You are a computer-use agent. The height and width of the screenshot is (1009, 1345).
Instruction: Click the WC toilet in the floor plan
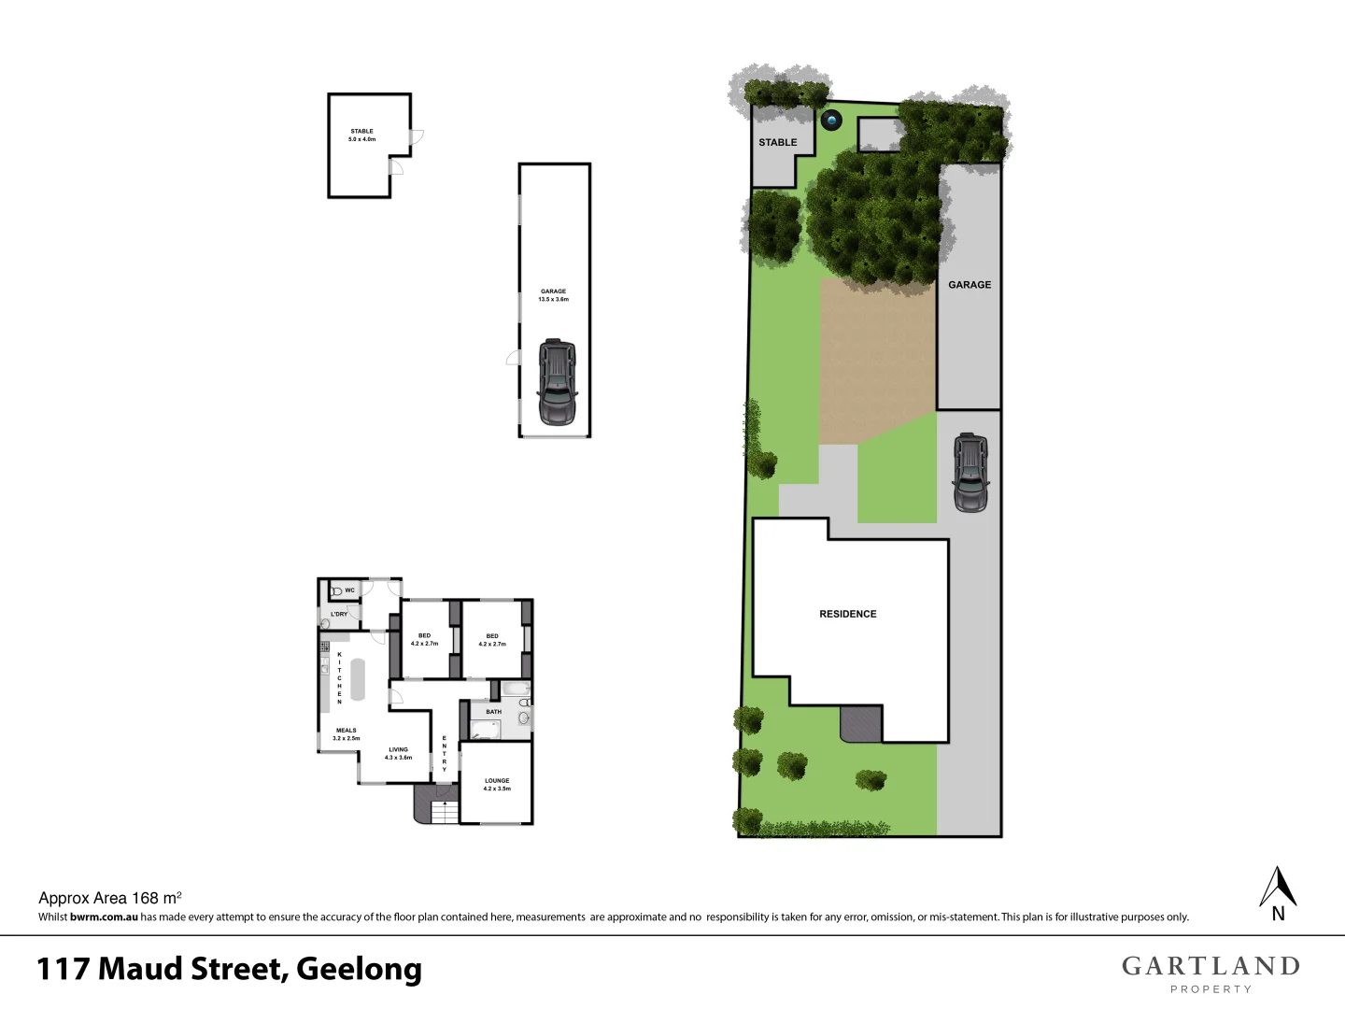(336, 591)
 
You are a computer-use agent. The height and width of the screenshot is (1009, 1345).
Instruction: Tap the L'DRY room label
(339, 614)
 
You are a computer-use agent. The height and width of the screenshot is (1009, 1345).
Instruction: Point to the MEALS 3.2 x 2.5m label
(346, 734)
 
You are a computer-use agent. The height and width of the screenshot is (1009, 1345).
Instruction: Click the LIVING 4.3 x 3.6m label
(398, 753)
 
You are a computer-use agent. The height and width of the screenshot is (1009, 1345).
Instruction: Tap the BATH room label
(493, 712)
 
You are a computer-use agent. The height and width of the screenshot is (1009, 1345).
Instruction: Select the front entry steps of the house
(445, 813)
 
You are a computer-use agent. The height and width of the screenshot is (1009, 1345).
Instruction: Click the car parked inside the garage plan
(557, 383)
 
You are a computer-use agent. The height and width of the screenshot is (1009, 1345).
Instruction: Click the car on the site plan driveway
(970, 473)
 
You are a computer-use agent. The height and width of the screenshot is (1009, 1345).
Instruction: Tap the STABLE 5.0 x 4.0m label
(361, 135)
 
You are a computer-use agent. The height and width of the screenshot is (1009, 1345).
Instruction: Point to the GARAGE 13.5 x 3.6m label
(553, 295)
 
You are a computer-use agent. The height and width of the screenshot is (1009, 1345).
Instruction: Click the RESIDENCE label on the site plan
(847, 614)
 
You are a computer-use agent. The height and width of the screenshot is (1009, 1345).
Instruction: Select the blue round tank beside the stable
(830, 120)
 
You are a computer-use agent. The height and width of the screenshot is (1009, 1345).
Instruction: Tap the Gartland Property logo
(1210, 973)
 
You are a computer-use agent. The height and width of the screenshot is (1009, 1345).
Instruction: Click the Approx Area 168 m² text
(109, 898)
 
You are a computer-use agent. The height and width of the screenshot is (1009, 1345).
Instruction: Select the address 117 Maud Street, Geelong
(229, 969)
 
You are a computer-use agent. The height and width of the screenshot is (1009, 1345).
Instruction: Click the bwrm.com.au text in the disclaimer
(104, 917)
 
